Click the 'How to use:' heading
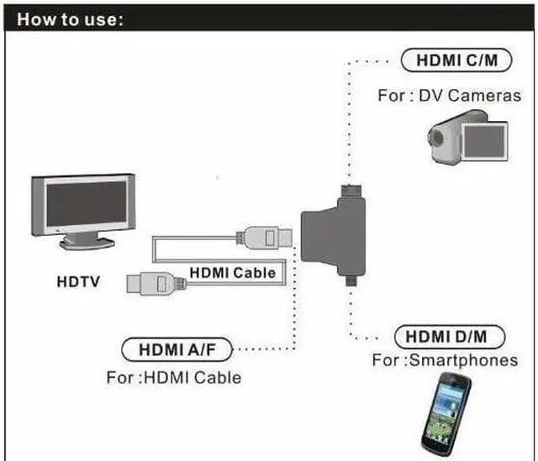click(71, 19)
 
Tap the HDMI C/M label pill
click(450, 60)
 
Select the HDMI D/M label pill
click(450, 337)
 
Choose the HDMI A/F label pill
click(176, 348)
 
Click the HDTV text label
click(78, 281)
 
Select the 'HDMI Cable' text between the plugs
click(232, 272)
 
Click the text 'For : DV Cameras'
click(449, 95)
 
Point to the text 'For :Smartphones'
click(445, 360)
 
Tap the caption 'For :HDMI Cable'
click(173, 377)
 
